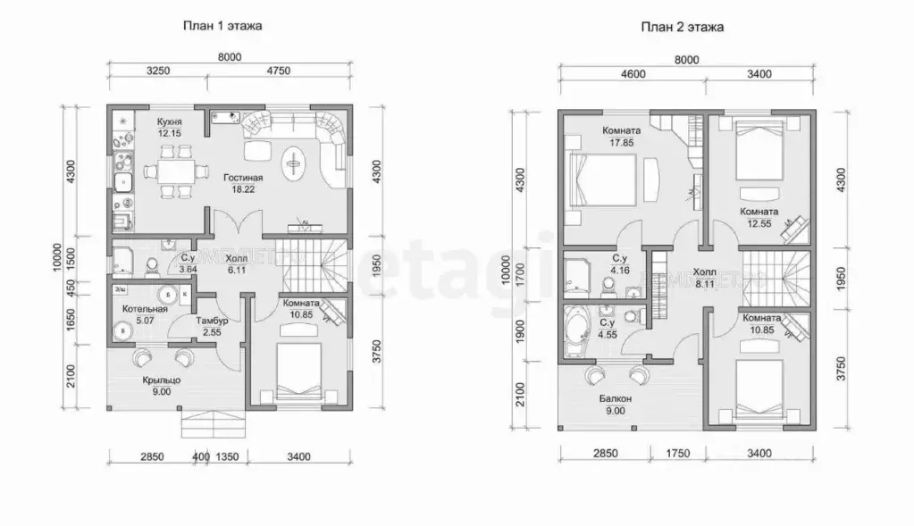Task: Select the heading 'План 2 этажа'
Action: (682, 27)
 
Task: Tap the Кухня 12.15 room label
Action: (169, 127)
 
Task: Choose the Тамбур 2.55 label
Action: (212, 327)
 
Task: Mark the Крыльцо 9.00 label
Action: (161, 384)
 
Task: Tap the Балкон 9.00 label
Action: (616, 405)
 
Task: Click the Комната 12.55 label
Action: (759, 217)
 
